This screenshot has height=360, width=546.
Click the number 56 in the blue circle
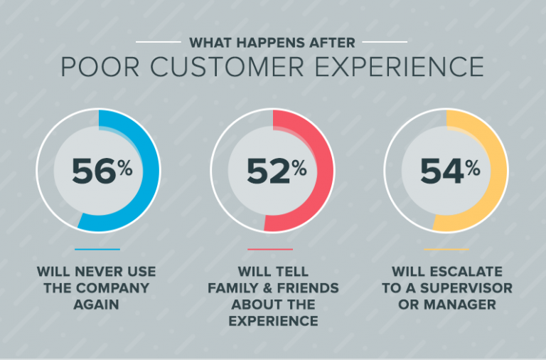(x=93, y=172)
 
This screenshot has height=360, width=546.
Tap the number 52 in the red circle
(x=268, y=172)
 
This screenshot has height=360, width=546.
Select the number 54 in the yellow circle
(x=441, y=172)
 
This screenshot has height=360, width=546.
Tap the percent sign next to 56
(x=125, y=168)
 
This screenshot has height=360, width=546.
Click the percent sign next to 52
(x=299, y=168)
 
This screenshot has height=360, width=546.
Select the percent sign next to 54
(x=473, y=168)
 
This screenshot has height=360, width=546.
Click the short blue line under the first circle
(x=97, y=249)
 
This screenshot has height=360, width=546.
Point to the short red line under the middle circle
(x=270, y=249)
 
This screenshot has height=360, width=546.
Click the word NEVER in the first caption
(x=94, y=272)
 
